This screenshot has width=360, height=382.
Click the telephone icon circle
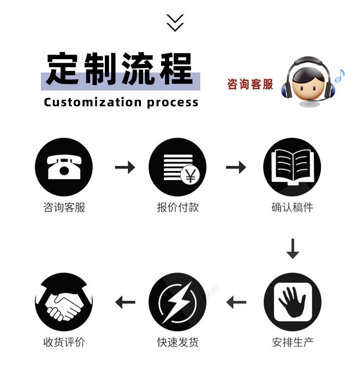pyautogui.click(x=63, y=167)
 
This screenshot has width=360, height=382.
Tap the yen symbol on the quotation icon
pyautogui.click(x=191, y=177)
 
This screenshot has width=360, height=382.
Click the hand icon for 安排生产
pyautogui.click(x=292, y=302)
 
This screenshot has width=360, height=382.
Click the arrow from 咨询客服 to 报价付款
pyautogui.click(x=125, y=168)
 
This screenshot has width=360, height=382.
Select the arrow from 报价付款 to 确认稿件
pyautogui.click(x=236, y=168)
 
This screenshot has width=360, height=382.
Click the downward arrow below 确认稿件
pyautogui.click(x=292, y=249)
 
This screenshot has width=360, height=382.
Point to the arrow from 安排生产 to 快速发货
pyautogui.click(x=236, y=302)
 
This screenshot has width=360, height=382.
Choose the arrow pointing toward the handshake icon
pyautogui.click(x=125, y=302)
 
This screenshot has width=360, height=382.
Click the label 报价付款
pyautogui.click(x=178, y=207)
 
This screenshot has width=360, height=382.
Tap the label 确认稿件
pyautogui.click(x=292, y=207)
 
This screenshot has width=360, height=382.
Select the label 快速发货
pyautogui.click(x=178, y=342)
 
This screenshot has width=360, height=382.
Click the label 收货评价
pyautogui.click(x=64, y=342)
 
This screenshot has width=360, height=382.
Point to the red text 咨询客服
pyautogui.click(x=250, y=84)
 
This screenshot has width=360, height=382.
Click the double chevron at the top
pyautogui.click(x=175, y=23)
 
